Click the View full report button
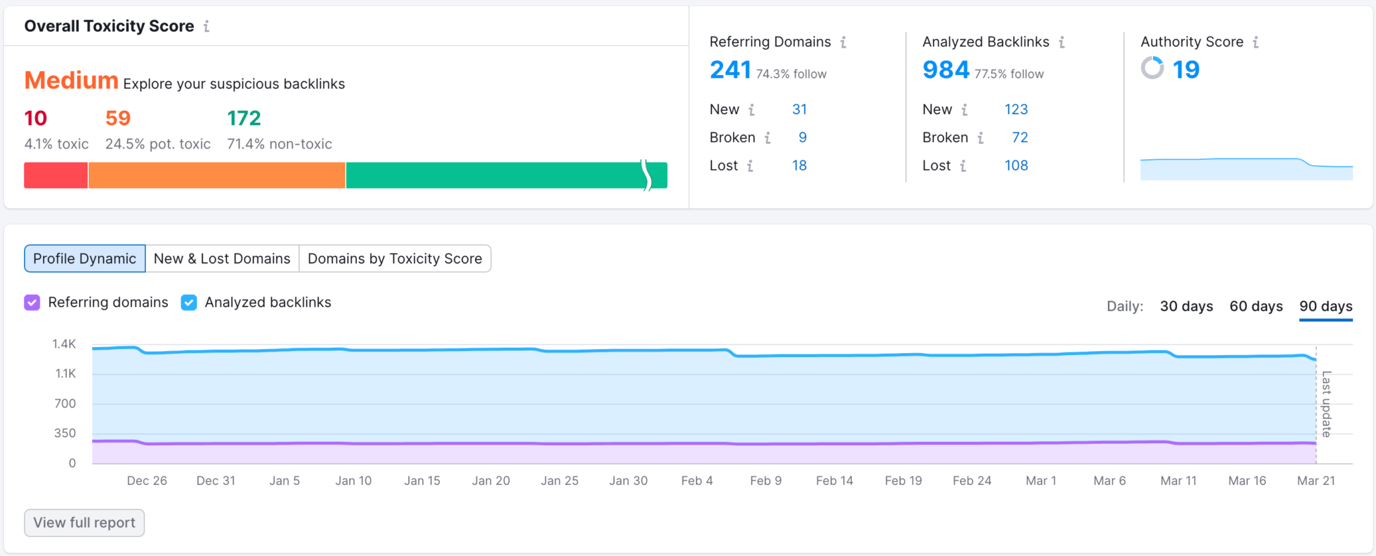point(84,522)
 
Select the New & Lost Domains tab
point(222,259)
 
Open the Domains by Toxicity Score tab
point(394,259)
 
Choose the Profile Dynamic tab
point(85,259)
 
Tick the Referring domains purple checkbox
point(32,303)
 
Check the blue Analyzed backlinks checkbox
point(189,303)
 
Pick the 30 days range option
point(1186,306)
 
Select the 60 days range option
point(1256,306)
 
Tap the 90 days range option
point(1326,306)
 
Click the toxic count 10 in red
point(36,118)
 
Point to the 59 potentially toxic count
point(118,118)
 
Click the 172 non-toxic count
point(244,118)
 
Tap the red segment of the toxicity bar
point(56,175)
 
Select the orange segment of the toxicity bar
point(216,175)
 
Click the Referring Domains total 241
point(730,70)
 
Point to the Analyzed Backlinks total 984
point(946,70)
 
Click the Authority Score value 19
point(1186,69)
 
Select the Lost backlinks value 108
point(1016,165)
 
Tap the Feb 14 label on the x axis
point(834,481)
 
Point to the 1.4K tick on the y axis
point(64,344)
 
